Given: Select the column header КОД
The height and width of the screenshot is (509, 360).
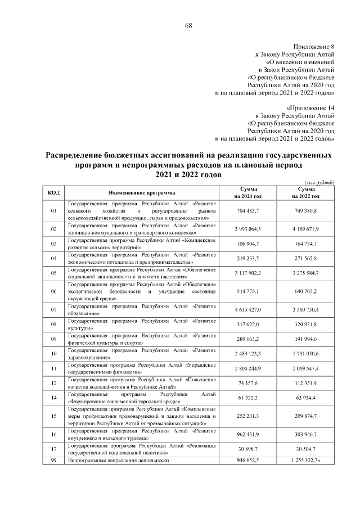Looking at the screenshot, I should point(54,193).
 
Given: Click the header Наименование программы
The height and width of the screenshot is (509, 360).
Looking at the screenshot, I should point(142,193).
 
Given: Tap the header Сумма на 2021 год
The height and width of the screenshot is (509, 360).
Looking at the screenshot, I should point(249,193).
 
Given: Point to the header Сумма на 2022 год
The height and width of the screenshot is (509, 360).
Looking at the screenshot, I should point(305,193).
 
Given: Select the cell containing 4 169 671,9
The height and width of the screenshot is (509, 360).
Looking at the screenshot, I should point(305,229).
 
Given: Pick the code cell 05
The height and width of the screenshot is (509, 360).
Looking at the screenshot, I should point(54,273).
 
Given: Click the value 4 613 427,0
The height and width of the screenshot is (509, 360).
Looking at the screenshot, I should point(249,310).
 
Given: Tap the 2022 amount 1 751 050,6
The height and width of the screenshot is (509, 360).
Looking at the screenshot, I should point(305,354).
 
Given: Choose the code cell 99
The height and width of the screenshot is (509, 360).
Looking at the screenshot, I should point(54,460).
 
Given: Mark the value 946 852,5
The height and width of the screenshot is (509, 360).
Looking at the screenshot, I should point(249,460).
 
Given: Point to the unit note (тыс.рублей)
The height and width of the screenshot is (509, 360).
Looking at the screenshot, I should point(319,182).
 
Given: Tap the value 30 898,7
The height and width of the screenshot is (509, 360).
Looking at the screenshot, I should point(249,448).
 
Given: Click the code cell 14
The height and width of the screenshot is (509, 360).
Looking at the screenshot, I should point(54,398).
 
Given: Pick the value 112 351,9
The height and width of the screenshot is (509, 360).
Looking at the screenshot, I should point(305,383).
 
